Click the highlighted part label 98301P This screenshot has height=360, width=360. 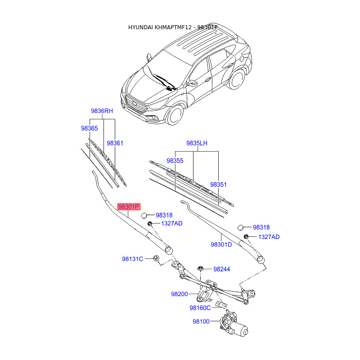129,207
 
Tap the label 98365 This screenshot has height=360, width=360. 89,128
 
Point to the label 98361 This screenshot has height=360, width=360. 115,143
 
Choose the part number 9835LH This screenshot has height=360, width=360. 197,144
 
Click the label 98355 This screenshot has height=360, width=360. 175,160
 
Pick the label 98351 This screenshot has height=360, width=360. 219,184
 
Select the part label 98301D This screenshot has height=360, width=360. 221,245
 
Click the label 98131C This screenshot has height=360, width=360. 132,259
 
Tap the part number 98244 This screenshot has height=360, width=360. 221,269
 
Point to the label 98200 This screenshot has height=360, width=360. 179,294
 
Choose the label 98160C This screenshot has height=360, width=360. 200,308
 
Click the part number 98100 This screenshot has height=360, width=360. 201,321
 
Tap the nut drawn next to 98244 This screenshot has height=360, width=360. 202,269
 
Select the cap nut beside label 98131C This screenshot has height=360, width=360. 156,259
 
